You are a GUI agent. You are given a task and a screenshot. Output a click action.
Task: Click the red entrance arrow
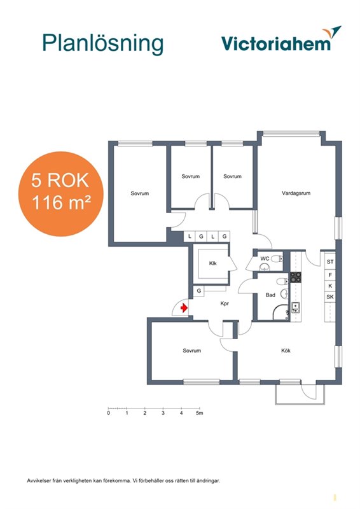click(184, 307)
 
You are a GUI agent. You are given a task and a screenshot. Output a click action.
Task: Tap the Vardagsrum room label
click(296, 193)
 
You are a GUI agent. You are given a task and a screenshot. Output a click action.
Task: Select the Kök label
click(286, 351)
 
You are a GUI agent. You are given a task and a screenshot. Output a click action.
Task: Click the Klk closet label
click(212, 263)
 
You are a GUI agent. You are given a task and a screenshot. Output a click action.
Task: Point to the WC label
click(265, 259)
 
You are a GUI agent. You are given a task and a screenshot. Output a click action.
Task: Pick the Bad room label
click(270, 295)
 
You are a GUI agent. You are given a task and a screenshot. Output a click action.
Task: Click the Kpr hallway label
click(225, 303)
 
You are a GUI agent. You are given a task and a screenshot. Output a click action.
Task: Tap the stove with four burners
click(295, 277)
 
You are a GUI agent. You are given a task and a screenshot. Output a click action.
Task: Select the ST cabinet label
click(330, 261)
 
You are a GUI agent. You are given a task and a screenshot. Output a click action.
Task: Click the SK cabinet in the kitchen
click(330, 296)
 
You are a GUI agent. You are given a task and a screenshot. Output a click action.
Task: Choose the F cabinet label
click(330, 275)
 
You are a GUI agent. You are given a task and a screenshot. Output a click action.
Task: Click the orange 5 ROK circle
click(60, 194)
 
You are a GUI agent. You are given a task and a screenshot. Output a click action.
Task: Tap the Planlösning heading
click(102, 43)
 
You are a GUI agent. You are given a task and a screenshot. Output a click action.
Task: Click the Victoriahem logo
click(281, 39)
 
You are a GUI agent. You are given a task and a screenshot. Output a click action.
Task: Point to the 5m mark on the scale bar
click(199, 413)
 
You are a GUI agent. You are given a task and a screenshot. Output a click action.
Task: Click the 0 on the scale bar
click(108, 413)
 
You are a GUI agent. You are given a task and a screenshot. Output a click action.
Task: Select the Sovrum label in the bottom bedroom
click(192, 351)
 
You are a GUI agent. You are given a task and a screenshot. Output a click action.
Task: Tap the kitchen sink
click(295, 307)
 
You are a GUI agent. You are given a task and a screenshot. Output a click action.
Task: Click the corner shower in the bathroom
click(280, 312)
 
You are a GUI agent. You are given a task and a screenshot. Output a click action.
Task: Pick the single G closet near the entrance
click(199, 291)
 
